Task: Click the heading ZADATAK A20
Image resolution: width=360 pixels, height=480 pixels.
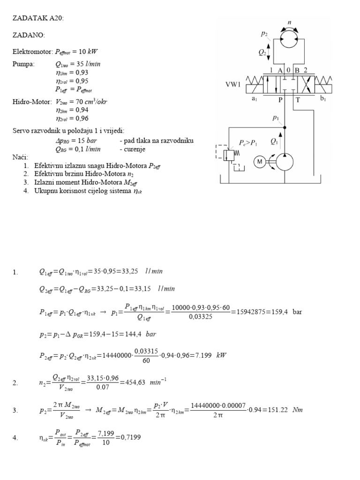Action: (x=37, y=18)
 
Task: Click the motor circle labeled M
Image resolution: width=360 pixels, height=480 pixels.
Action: (x=259, y=162)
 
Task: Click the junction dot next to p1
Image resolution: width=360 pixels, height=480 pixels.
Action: (x=285, y=127)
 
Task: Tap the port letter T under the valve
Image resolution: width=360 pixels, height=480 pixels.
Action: (x=297, y=99)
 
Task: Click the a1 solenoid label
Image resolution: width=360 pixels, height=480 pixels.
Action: (x=255, y=99)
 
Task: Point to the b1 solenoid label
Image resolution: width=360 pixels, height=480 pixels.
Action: (x=323, y=99)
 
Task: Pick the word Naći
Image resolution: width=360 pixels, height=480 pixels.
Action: (x=20, y=157)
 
